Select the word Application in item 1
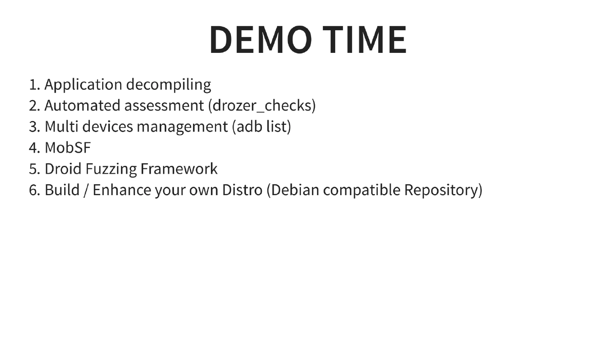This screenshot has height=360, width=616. click(x=83, y=85)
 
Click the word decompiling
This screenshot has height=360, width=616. click(x=169, y=85)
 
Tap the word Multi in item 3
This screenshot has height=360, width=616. click(x=61, y=127)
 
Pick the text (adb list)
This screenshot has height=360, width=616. click(x=262, y=127)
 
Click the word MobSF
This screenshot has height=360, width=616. click(x=67, y=148)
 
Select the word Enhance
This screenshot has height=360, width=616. click(x=122, y=190)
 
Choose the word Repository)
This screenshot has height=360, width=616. click(x=443, y=190)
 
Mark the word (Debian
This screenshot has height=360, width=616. click(x=293, y=190)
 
